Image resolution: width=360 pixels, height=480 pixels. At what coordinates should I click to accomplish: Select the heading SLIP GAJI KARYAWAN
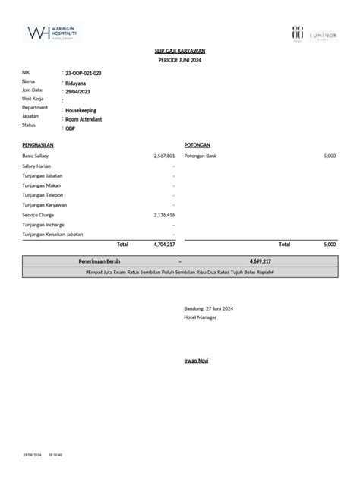point(180,50)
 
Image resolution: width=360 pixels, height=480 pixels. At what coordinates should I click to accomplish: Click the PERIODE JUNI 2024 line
point(180,59)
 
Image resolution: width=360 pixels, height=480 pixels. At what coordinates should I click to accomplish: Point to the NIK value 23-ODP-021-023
point(84,72)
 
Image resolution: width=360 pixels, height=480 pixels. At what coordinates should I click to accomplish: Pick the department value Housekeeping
point(81,110)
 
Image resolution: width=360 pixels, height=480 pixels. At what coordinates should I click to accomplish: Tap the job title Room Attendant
point(84,119)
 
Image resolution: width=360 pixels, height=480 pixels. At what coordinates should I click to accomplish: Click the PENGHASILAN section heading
point(38,144)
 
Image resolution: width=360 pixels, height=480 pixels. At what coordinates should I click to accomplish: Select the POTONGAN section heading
point(197,144)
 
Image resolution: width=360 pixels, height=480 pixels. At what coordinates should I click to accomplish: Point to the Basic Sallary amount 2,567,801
point(164,156)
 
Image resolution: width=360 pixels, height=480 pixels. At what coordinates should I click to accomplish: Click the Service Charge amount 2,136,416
point(164,215)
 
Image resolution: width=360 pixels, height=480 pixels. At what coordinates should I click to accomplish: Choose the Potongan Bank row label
point(200,156)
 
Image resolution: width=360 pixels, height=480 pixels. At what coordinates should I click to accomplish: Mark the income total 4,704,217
point(164,245)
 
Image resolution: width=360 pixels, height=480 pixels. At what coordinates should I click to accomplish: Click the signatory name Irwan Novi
point(196,360)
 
